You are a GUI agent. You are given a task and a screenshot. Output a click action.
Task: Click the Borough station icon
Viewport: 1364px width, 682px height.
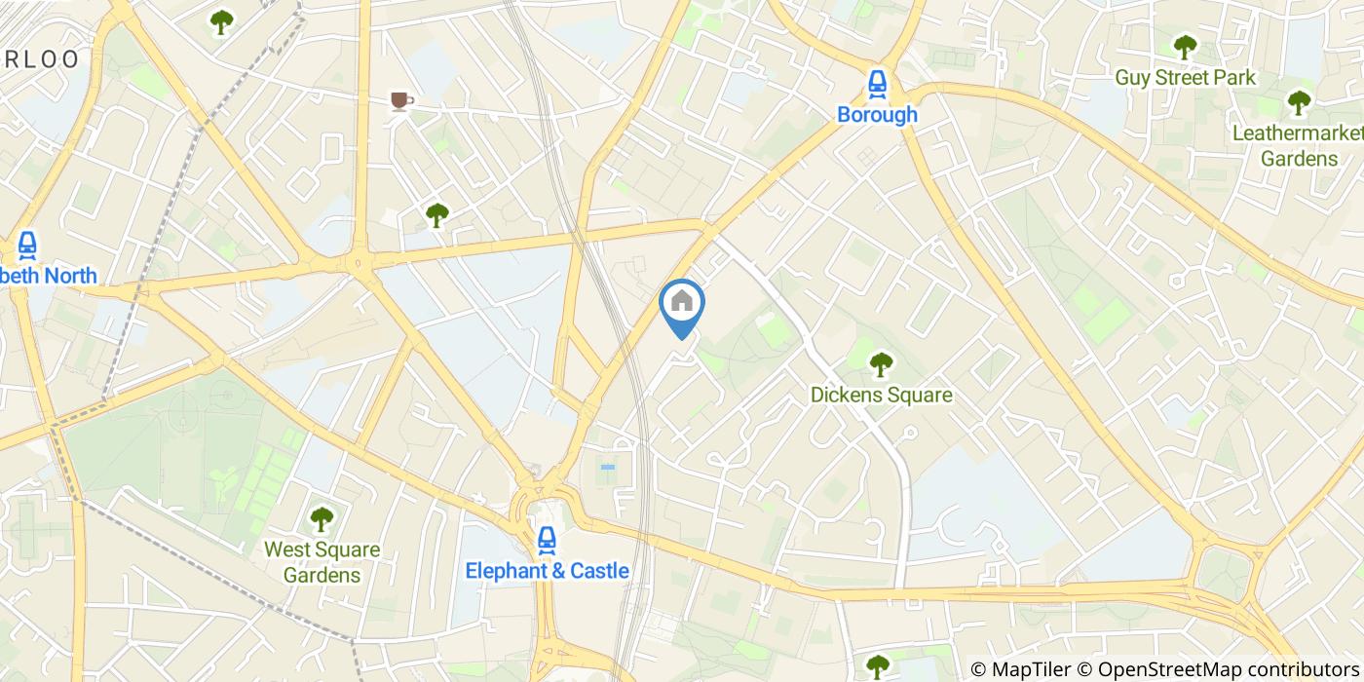point(877,85)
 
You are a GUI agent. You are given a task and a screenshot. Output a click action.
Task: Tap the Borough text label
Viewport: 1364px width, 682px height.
point(877,115)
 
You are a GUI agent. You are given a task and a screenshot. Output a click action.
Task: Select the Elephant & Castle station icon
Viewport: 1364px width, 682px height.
point(547,540)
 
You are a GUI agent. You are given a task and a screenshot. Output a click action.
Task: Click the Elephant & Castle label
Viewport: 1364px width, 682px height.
point(547,571)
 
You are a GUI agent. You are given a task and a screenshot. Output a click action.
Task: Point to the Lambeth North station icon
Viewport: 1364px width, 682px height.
point(26,246)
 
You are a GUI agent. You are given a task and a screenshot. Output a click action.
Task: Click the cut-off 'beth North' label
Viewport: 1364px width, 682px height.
point(50,276)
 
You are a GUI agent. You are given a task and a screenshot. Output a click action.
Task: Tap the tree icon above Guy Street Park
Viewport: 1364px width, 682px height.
point(1185,47)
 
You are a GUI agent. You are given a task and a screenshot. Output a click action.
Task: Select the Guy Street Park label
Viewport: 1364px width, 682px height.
point(1185,78)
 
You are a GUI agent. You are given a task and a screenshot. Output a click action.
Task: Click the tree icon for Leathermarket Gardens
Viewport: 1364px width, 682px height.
point(1299,101)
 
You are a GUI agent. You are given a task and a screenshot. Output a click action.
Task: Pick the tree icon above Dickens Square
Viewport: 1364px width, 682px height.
point(881,364)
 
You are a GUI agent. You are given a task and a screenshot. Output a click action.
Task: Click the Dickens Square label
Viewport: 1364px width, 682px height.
point(881,396)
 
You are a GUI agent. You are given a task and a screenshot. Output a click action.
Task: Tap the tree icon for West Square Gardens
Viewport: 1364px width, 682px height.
point(322,519)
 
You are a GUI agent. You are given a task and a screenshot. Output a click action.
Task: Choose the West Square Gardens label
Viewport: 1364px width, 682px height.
point(322,562)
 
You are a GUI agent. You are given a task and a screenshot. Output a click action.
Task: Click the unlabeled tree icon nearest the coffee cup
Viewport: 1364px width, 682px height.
point(436,214)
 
